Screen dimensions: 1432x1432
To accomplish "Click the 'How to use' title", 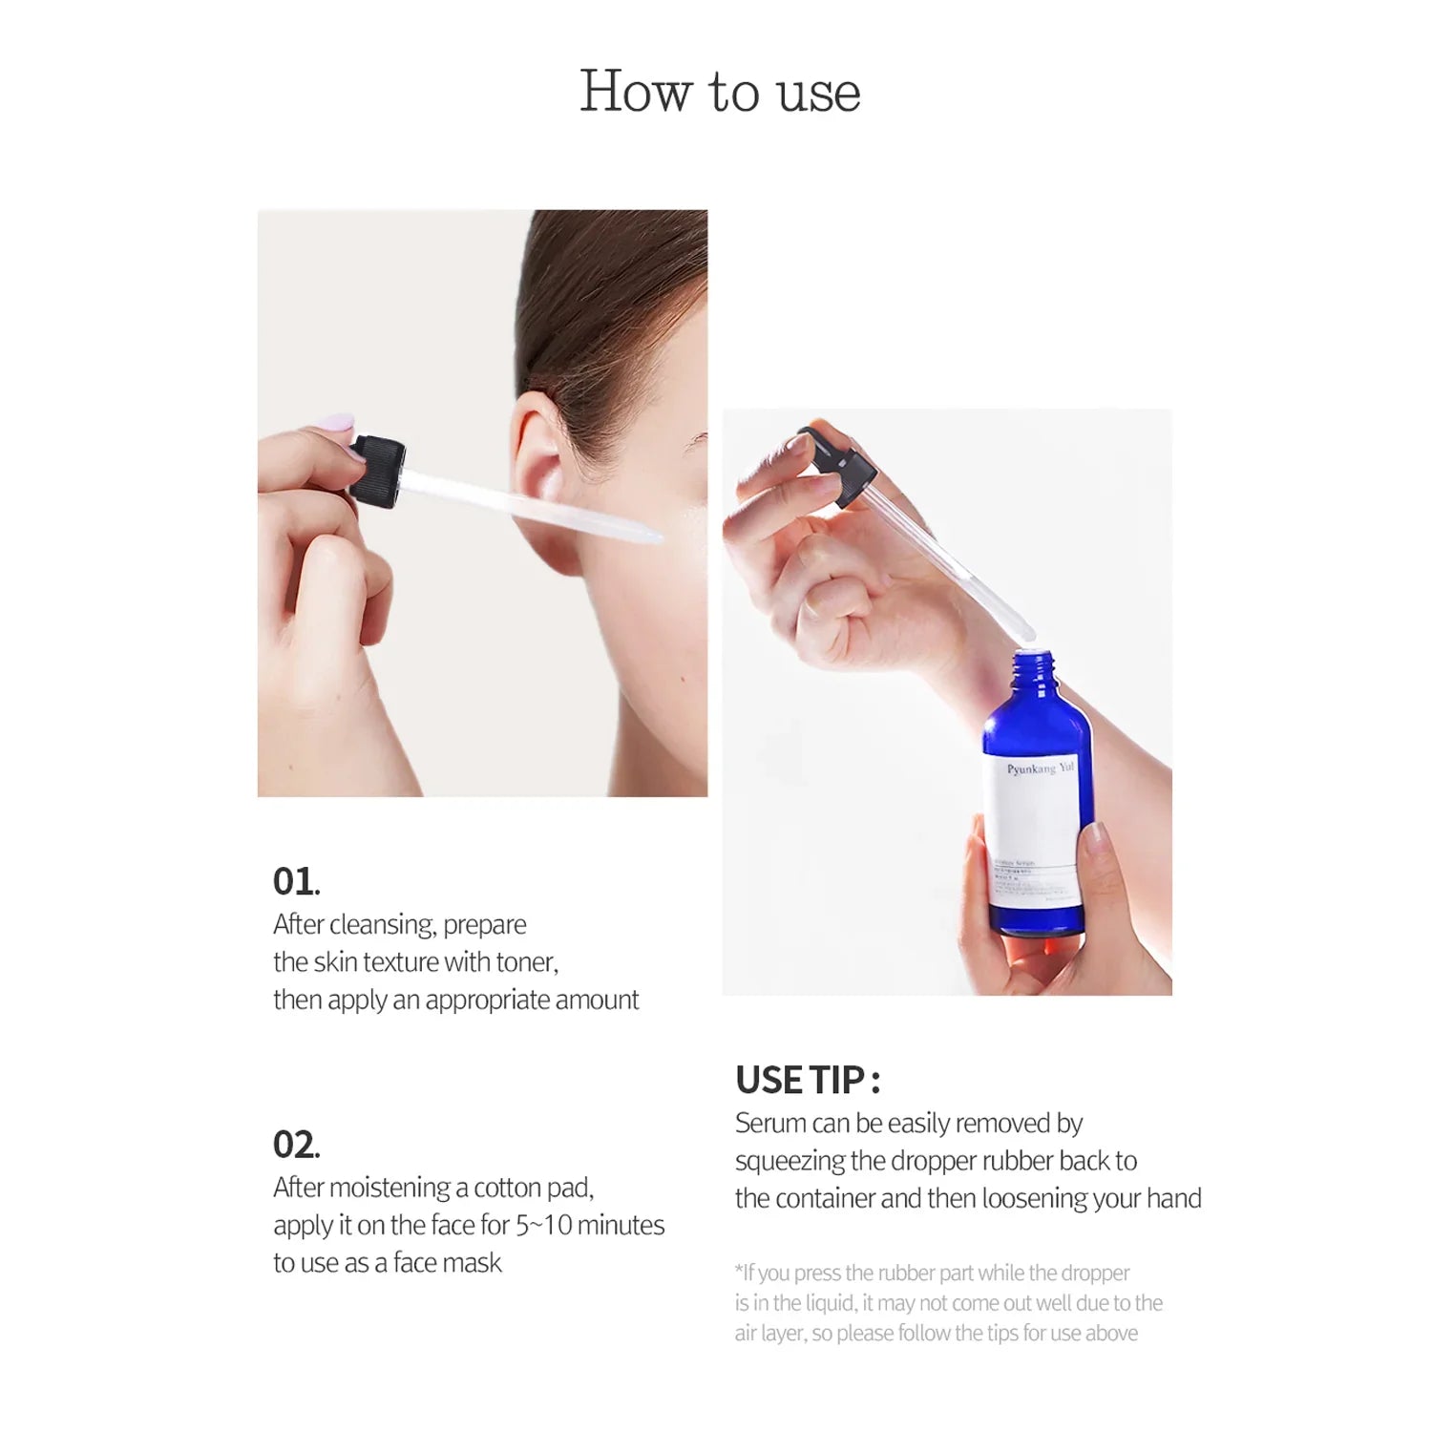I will [720, 93].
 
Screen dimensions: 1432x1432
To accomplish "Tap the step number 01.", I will [296, 882].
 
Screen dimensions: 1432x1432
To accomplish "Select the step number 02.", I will [296, 1145].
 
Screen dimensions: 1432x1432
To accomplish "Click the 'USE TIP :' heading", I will [808, 1081].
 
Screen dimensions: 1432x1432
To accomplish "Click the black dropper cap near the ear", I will [376, 470].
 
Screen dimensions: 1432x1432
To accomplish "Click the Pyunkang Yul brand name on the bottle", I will [1040, 768].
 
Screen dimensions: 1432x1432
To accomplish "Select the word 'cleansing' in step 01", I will [382, 925].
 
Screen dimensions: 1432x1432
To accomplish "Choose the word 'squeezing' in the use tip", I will [790, 1162].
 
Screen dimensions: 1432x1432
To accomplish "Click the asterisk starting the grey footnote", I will [739, 1271].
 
